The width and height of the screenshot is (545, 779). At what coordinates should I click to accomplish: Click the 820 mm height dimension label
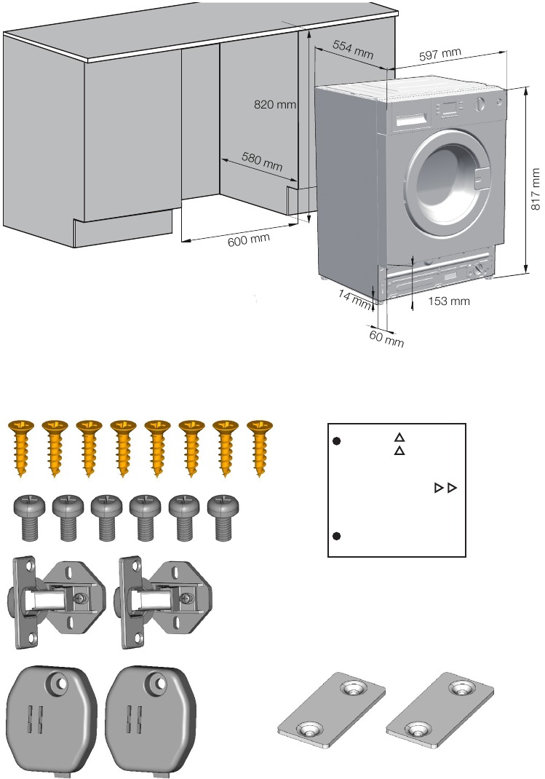275,105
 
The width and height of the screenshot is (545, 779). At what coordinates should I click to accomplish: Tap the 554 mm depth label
352,50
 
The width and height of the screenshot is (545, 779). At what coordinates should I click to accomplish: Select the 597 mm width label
441,54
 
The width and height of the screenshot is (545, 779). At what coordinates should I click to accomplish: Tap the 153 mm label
449,301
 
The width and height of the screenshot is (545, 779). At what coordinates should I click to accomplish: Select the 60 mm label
386,338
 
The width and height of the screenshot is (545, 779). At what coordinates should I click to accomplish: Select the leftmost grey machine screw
30,516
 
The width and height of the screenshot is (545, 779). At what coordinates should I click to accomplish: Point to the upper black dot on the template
337,441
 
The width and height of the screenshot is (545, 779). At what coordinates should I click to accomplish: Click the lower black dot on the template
337,537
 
